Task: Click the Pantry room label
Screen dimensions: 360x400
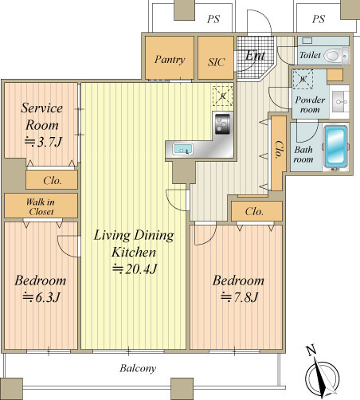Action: point(170,60)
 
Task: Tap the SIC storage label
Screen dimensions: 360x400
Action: point(216,62)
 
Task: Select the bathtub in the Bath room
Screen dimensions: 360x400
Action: point(335,147)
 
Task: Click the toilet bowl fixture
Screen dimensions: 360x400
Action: point(332,56)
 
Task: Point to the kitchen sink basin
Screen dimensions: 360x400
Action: point(182,149)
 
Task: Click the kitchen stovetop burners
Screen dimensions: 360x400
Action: point(222,124)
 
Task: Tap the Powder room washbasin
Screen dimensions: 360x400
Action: point(339,102)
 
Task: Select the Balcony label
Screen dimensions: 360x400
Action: point(138,368)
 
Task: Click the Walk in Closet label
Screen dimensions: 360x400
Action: point(41,206)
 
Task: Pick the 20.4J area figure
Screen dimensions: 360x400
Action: point(135,269)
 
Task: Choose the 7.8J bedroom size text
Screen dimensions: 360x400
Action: point(240,297)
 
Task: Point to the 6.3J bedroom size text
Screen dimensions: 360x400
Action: point(41,297)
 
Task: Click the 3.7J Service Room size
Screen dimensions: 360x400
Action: point(43,142)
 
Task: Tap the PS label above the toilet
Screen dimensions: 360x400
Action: point(319,19)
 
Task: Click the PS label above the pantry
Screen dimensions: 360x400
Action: point(213,19)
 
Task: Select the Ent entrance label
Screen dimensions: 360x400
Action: point(255,55)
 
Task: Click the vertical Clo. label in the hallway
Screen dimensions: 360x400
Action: point(279,149)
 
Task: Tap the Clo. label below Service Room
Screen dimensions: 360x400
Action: point(53,181)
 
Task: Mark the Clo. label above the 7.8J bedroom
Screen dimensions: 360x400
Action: point(254,211)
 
